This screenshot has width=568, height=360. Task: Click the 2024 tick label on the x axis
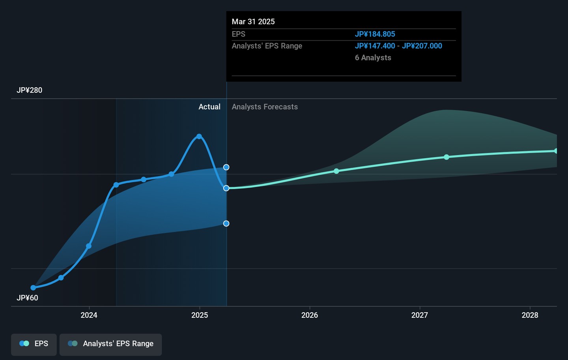(x=89, y=315)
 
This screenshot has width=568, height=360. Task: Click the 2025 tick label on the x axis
(x=200, y=315)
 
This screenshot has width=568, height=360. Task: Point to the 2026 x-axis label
(x=310, y=315)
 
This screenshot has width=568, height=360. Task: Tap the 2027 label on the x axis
(x=420, y=315)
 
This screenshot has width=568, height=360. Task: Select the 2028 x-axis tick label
(x=530, y=315)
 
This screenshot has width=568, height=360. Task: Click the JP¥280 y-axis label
(x=30, y=90)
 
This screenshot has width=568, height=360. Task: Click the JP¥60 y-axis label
(x=28, y=298)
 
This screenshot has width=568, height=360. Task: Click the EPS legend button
(x=34, y=344)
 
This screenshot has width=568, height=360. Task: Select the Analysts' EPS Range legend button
(x=110, y=344)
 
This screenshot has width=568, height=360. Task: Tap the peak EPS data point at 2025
(x=199, y=137)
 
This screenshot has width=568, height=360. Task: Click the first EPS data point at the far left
(x=33, y=288)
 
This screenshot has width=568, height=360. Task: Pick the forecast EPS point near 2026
(x=336, y=171)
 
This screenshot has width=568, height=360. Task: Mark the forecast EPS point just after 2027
(x=447, y=157)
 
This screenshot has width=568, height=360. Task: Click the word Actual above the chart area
(x=209, y=107)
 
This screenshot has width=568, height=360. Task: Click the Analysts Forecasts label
(x=265, y=107)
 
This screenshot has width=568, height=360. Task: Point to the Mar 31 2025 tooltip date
(x=253, y=22)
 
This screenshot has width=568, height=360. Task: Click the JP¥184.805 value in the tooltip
(x=375, y=34)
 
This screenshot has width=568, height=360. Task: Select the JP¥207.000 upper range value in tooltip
(x=422, y=46)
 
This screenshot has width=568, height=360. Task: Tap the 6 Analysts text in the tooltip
(x=373, y=58)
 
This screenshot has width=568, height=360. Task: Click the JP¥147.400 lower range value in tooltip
(x=375, y=46)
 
